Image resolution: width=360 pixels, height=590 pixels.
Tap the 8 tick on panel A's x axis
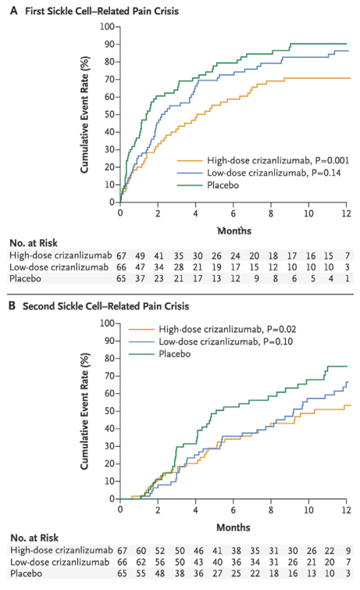[270, 213]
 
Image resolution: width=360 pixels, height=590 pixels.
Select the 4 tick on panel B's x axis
[195, 510]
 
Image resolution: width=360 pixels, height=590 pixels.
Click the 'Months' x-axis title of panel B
[233, 526]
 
